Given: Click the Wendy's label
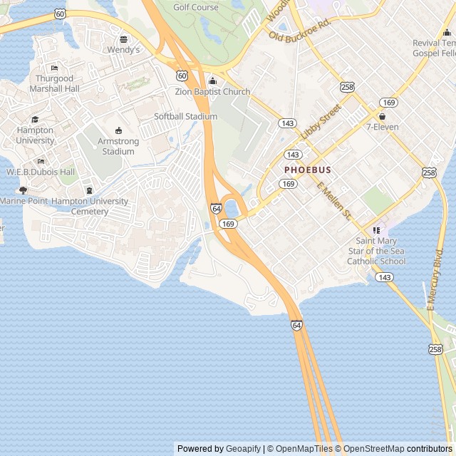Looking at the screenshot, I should [x=124, y=50].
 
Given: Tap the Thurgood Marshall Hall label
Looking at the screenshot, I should [x=51, y=83].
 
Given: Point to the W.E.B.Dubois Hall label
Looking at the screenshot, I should [x=41, y=172].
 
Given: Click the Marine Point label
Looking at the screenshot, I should [x=24, y=201].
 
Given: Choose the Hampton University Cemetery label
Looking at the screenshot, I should [x=90, y=206].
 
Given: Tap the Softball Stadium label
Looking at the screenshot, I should [x=186, y=116].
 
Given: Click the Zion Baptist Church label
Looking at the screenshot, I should [x=213, y=92].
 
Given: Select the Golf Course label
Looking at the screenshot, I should [x=196, y=7].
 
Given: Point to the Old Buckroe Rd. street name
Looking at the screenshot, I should [x=301, y=31].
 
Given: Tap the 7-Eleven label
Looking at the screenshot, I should [x=383, y=127].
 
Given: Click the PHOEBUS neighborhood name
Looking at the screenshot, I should [x=308, y=170].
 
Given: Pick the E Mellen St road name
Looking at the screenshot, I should [x=334, y=202].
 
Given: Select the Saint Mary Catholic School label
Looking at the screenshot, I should [x=376, y=251].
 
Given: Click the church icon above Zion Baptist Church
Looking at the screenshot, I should [x=212, y=81].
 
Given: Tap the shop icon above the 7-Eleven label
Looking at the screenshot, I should [x=383, y=116].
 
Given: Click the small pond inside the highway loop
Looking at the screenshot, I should [x=232, y=208].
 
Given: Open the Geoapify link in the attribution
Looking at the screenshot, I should [x=244, y=449].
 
